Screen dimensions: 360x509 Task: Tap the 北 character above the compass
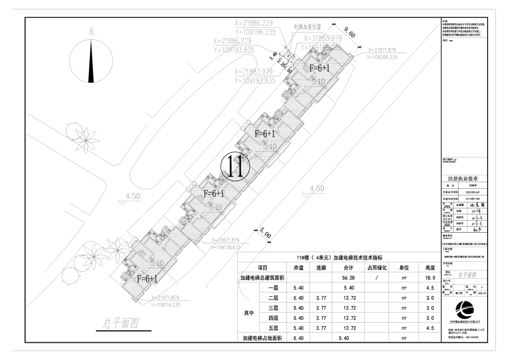pyautogui.click(x=91, y=31)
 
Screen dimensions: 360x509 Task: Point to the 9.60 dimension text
pyautogui.click(x=349, y=34)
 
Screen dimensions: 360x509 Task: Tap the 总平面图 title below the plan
pyautogui.click(x=120, y=323)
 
